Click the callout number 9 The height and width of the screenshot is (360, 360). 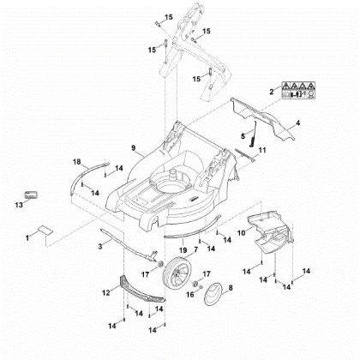pos(134,148)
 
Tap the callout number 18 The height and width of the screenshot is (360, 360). pos(76,162)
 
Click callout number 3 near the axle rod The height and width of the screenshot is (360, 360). pos(101,247)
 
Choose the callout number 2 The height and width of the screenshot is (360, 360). pos(272,90)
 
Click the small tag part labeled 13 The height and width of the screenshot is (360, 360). pos(32,195)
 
